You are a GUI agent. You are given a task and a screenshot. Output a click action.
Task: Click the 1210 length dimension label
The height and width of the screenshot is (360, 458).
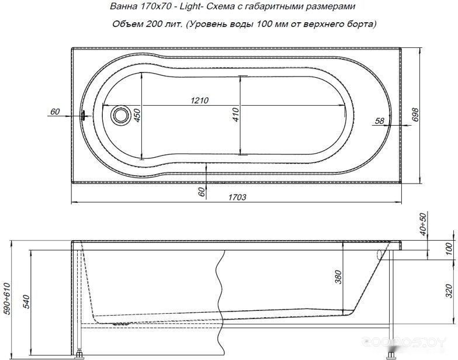pos(200,101)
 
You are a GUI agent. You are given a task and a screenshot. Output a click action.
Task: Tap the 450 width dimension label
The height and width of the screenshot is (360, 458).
pos(137,115)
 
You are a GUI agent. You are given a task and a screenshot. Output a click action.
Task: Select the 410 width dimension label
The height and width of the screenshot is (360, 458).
pos(236,115)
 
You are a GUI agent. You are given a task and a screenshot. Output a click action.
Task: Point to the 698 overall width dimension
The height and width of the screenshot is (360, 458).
pos(415,115)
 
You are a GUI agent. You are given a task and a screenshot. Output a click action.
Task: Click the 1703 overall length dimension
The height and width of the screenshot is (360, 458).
pos(237,198)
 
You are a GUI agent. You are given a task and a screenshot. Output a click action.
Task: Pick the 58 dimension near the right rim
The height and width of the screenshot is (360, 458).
pos(379,120)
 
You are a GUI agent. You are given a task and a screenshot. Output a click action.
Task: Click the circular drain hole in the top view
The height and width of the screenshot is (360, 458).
pos(120,115)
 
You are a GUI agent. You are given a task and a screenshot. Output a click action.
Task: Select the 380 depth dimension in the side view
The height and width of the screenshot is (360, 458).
pos(338,278)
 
